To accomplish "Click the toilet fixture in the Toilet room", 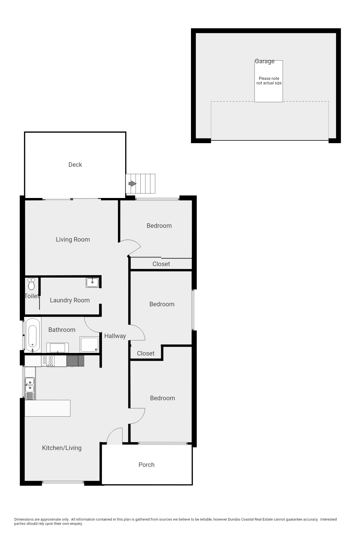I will [31, 285].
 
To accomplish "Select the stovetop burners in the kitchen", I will [48, 361].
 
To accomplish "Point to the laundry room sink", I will [92, 282].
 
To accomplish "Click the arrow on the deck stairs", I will [132, 184].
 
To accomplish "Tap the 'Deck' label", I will [75, 165].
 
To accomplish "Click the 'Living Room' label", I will [73, 240].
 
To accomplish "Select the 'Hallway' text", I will [115, 336].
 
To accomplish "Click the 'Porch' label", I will [146, 465].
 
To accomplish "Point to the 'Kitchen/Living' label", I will [62, 448].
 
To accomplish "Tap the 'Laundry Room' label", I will [69, 300].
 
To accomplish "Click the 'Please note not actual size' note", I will [269, 81].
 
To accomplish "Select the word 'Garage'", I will [264, 61].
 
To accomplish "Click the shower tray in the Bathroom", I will [89, 345].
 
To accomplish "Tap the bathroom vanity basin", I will [57, 348].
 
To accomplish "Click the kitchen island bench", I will [47, 408].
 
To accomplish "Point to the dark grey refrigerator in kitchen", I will [75, 361].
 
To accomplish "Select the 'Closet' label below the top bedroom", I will [161, 264].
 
